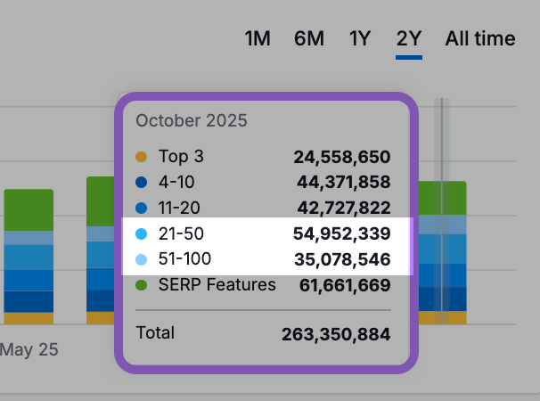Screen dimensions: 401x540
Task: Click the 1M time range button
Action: click(x=258, y=38)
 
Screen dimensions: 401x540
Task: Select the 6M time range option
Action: click(x=309, y=38)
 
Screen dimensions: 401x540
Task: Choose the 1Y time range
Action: click(x=360, y=38)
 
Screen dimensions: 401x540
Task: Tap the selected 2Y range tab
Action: click(x=409, y=39)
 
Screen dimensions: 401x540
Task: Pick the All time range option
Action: click(x=480, y=38)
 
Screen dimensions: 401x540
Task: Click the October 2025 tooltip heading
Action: click(x=191, y=120)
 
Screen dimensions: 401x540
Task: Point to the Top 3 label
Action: click(x=181, y=157)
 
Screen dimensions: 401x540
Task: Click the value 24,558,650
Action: click(x=342, y=158)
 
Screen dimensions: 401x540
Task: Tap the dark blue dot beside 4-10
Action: click(x=141, y=183)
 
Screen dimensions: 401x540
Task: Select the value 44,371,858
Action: click(x=342, y=183)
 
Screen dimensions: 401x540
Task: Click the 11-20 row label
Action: click(x=179, y=209)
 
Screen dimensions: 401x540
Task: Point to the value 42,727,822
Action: click(x=342, y=209)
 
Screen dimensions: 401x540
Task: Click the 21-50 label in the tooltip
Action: click(x=180, y=234)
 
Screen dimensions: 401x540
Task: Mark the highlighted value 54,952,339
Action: click(x=342, y=234)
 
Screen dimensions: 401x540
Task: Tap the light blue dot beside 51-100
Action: click(x=141, y=260)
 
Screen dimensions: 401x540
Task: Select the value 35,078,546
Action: click(x=342, y=260)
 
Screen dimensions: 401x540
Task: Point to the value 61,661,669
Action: click(x=342, y=286)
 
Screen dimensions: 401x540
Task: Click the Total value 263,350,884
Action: click(x=336, y=335)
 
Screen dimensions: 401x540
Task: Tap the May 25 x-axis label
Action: click(x=29, y=350)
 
